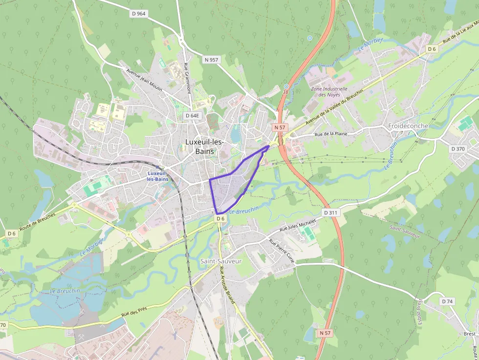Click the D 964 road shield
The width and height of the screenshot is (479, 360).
click(139, 14)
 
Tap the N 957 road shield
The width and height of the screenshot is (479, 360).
click(211, 60)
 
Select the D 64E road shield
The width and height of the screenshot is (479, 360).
click(193, 116)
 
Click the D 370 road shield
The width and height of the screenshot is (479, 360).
click(458, 148)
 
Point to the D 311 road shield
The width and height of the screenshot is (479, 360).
click(331, 213)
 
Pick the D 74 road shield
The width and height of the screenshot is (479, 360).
click(447, 301)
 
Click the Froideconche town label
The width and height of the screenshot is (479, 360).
click(408, 126)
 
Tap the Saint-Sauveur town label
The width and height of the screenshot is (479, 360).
click(221, 261)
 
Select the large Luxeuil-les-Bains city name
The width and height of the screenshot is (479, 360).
click(204, 146)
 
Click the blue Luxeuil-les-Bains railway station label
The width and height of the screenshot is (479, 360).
click(157, 176)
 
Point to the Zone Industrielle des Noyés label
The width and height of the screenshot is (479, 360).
click(329, 92)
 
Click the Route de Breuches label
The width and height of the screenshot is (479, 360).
click(37, 222)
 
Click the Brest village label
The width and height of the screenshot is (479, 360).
click(469, 334)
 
